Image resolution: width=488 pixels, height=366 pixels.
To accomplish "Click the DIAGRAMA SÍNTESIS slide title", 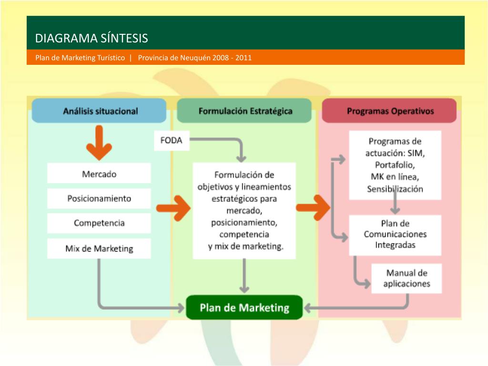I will click(91, 38).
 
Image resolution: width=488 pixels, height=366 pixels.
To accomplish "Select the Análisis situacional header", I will click(100, 111).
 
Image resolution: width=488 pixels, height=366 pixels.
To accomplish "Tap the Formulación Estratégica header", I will click(245, 111).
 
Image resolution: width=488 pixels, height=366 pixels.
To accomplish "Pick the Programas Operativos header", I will click(390, 111).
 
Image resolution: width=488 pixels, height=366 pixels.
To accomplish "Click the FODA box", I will click(172, 141).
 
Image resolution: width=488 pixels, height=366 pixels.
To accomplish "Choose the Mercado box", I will click(99, 173).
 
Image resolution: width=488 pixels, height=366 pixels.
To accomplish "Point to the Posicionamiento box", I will click(99, 198).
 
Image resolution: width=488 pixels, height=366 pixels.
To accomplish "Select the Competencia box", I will click(99, 223).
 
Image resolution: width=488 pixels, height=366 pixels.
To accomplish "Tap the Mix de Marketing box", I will click(99, 248).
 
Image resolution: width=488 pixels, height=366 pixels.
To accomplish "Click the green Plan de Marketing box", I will click(244, 307).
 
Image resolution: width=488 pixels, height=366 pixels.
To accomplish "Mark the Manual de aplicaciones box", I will click(407, 278).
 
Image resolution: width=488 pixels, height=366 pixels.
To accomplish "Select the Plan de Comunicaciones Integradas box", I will click(395, 234).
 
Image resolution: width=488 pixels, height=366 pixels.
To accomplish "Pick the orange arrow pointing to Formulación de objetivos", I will click(173, 208).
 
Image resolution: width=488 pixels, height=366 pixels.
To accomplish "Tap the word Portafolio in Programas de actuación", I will click(395, 165).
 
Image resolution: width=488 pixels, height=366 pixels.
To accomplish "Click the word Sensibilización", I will click(395, 189).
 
